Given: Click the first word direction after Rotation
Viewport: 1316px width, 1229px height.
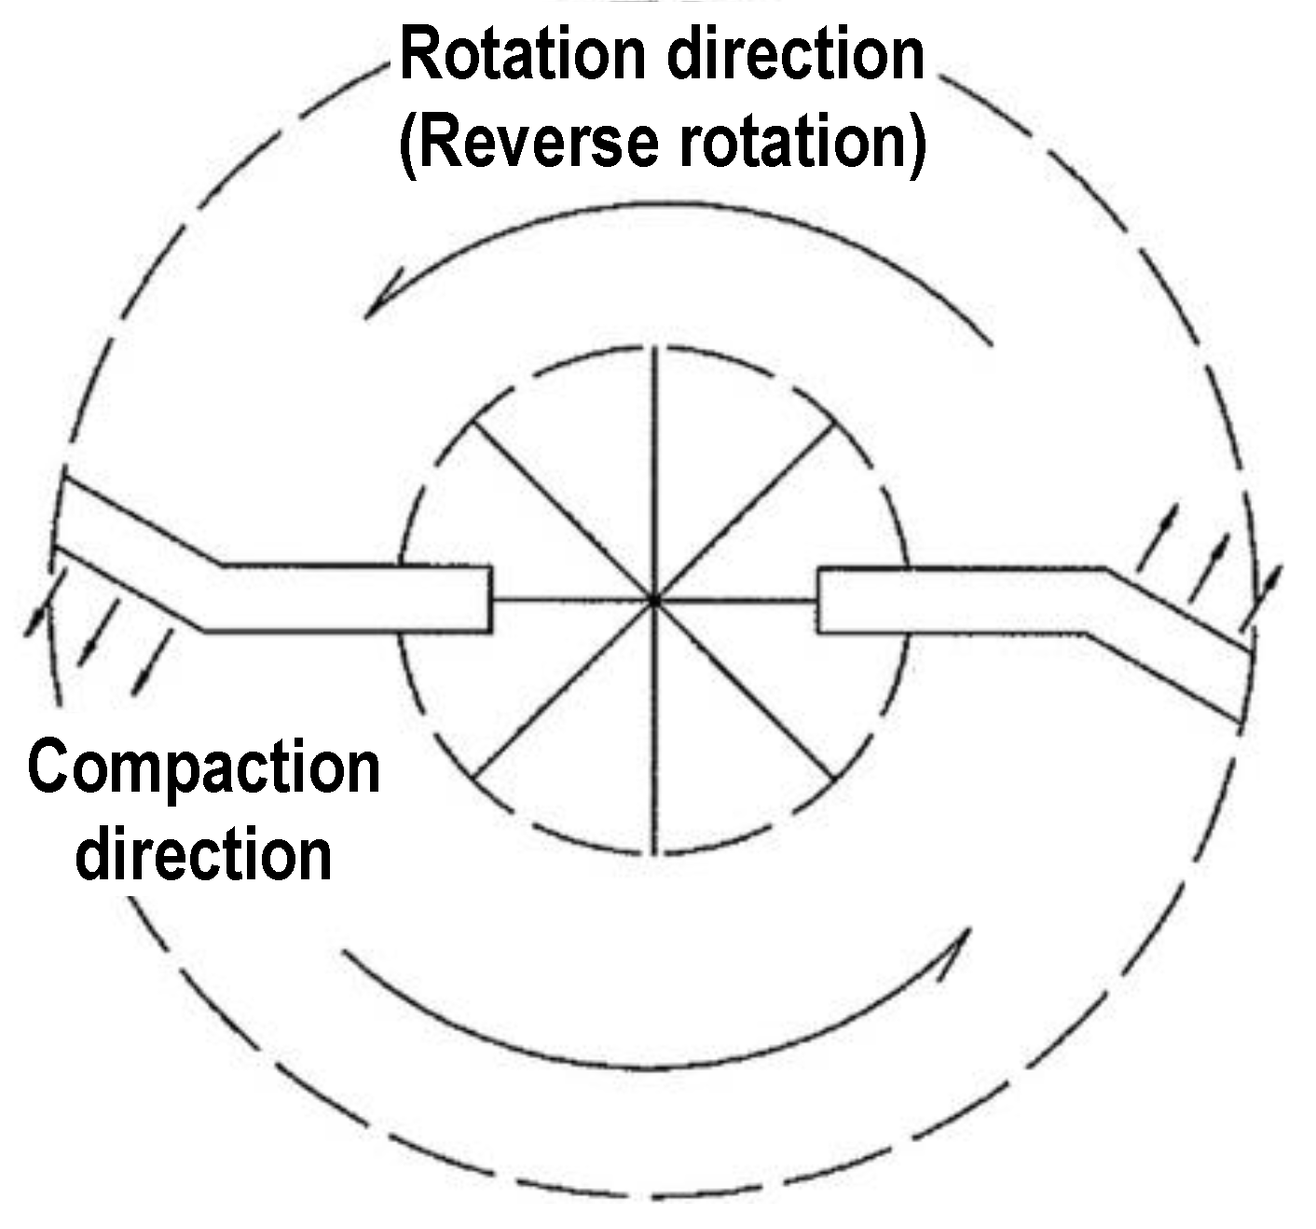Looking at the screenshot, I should coord(794,56).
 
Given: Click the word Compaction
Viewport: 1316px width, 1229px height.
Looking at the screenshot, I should coord(203,770).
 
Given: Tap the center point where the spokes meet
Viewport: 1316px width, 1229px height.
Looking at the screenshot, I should coord(654,601).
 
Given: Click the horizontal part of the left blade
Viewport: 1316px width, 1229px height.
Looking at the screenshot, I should coord(354,599).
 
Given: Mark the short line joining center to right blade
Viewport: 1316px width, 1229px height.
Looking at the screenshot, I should coord(736,601).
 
